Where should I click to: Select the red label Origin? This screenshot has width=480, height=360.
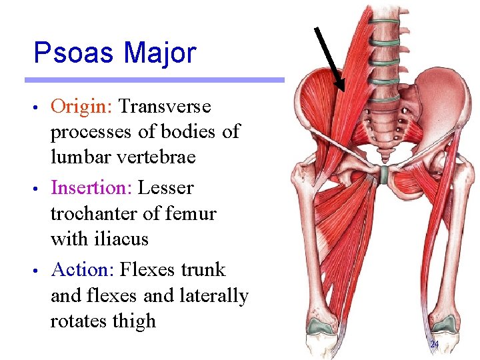82,107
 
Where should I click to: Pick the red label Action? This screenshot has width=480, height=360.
83,270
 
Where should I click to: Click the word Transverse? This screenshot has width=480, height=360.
165,107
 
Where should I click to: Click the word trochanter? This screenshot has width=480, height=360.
91,214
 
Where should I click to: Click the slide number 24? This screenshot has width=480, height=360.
434,345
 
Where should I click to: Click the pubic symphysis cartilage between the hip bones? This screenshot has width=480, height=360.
383,175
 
